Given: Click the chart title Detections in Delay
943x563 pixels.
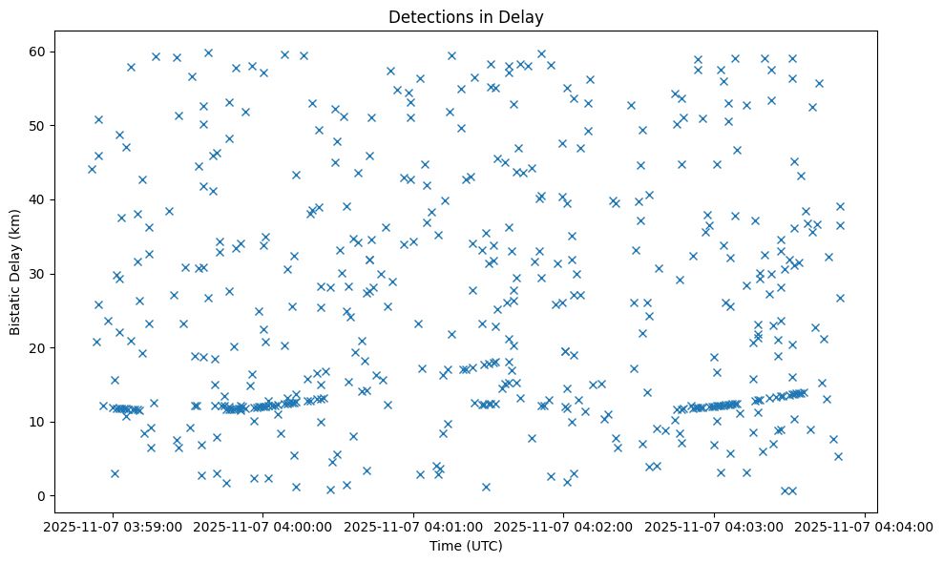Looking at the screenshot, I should click(466, 16).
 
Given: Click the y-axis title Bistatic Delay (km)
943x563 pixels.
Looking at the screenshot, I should click(16, 271).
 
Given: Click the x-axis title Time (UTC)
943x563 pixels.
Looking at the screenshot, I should click(466, 546).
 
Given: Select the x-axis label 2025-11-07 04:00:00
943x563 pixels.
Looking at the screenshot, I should click(264, 526).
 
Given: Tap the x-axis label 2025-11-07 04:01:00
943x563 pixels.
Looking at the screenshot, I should click(414, 526).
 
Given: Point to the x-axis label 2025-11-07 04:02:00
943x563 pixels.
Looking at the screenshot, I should click(564, 526).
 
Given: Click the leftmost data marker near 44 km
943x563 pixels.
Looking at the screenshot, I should click(92, 169).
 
